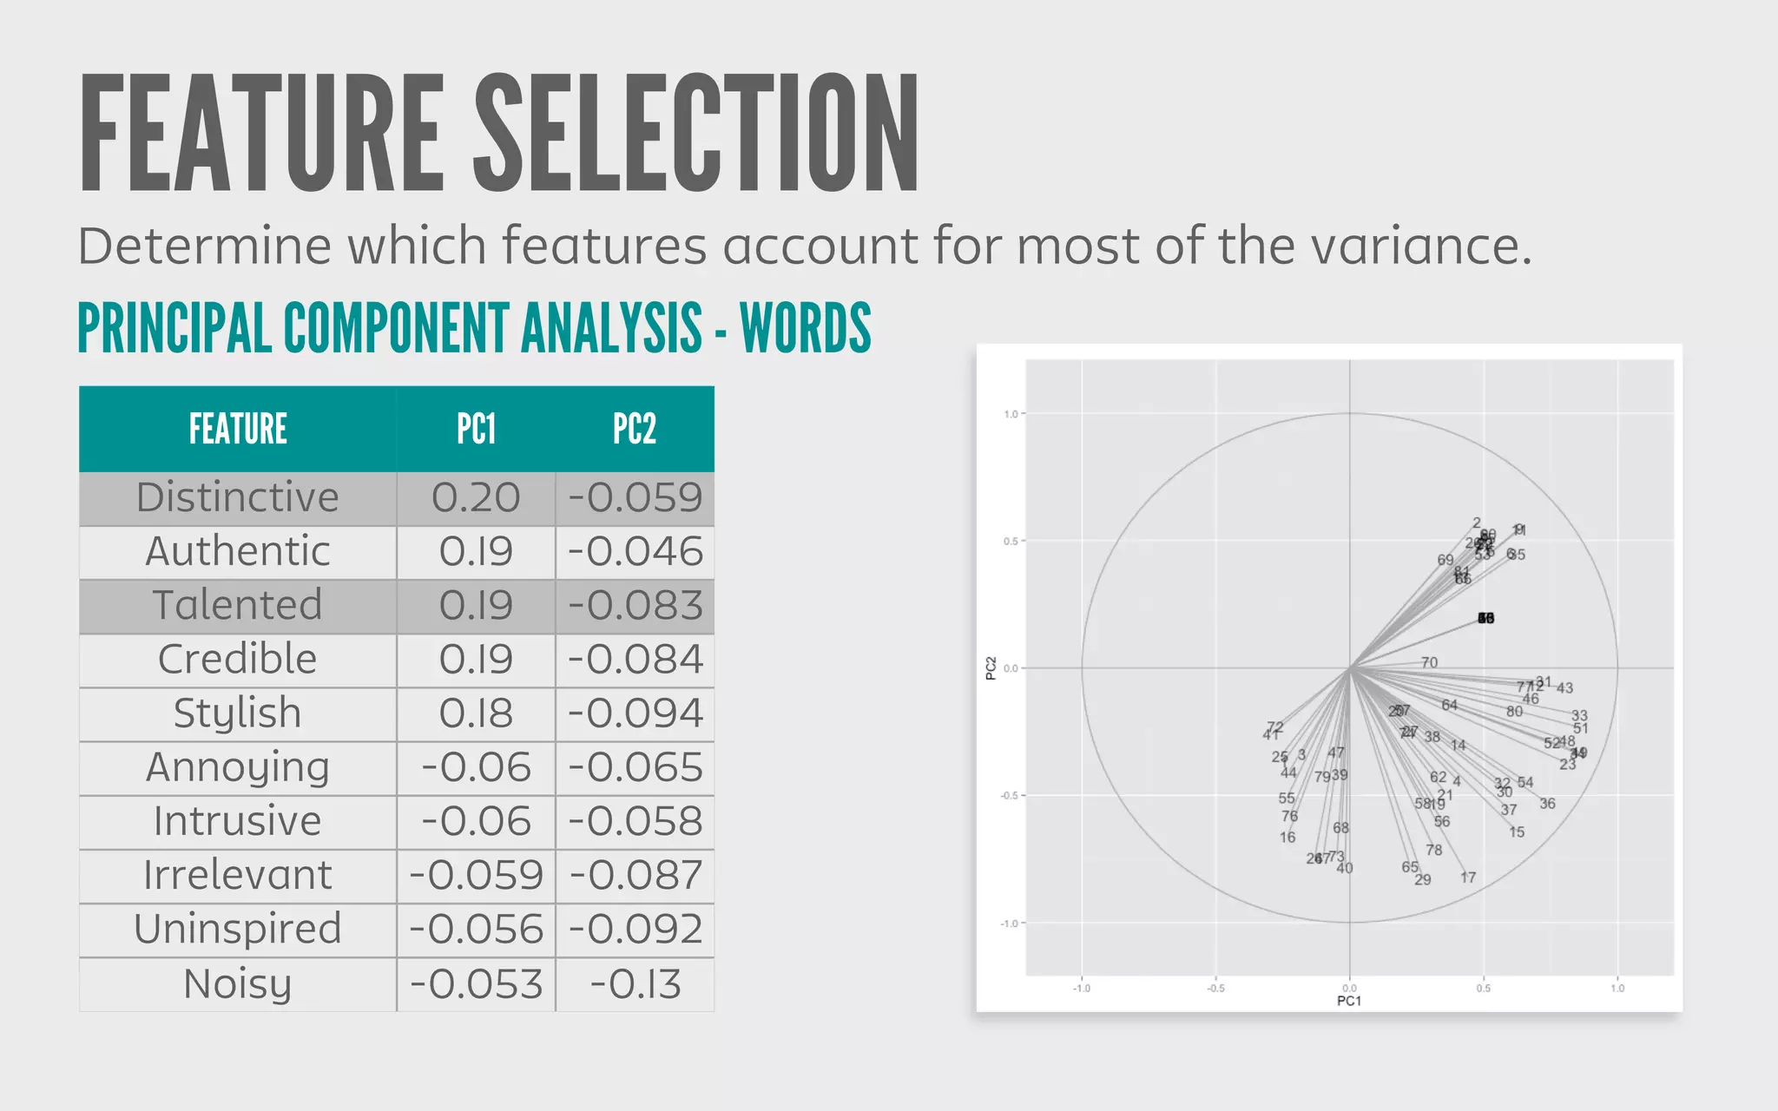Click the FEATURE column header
238,429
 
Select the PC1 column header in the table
476,429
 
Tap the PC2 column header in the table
635,429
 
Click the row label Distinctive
238,498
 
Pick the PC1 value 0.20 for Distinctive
476,498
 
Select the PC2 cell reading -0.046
635,552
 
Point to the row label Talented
238,606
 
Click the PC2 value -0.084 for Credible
635,660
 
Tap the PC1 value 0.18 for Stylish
476,713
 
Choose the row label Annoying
238,768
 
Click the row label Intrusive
238,822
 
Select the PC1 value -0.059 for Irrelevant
476,876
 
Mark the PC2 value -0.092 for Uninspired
635,930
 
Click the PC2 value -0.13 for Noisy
635,984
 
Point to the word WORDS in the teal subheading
805,329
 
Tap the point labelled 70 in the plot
1429,662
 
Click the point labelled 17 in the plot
1468,878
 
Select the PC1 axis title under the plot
1349,1001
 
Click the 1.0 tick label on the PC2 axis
1011,414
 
